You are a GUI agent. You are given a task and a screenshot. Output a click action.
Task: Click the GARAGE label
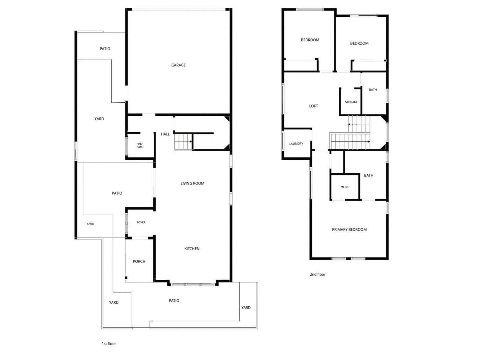[179, 65]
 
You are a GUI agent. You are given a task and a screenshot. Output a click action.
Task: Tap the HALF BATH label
[140, 145]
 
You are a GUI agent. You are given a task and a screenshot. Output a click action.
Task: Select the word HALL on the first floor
[165, 134]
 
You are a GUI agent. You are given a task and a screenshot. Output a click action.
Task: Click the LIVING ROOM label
[193, 184]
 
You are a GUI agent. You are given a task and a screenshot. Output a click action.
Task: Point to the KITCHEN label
[192, 249]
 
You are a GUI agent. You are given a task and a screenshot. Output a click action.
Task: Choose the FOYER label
[141, 222]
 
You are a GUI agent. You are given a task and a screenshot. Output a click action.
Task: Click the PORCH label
[139, 261]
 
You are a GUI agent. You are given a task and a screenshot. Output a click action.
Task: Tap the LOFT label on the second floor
[313, 106]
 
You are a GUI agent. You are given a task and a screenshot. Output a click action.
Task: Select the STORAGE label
[351, 102]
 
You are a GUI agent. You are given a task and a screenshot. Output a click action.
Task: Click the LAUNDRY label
[296, 144]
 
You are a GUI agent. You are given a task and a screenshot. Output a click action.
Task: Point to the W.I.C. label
[345, 187]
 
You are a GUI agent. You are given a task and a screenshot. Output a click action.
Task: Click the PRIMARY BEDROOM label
[349, 229]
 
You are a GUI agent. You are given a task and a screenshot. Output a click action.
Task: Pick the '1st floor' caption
[109, 344]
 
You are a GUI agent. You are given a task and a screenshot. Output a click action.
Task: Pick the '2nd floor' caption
[318, 274]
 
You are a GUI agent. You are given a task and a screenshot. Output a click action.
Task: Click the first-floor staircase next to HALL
[183, 142]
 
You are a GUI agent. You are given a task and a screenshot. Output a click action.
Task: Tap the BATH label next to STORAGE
[373, 90]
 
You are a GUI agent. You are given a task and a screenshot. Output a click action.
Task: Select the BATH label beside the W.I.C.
[369, 175]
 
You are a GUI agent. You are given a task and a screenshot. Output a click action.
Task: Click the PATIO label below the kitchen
[174, 301]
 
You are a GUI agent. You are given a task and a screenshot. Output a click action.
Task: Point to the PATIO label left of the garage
[105, 49]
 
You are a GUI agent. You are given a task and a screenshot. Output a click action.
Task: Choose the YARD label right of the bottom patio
[246, 308]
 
